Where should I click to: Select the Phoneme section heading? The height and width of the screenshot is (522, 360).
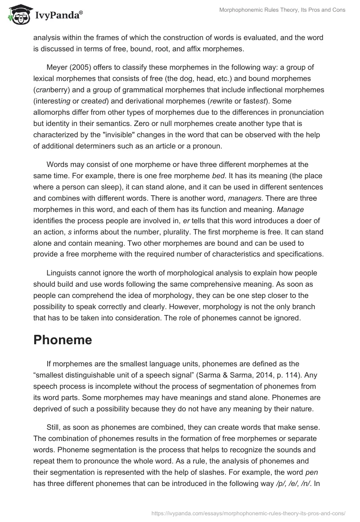pyautogui.click(x=63, y=340)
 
